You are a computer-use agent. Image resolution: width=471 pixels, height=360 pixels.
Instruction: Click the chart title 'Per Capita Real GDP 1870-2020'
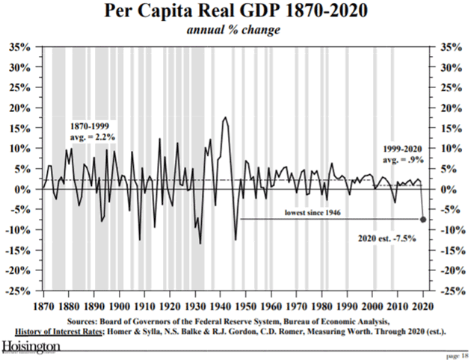(x=236, y=13)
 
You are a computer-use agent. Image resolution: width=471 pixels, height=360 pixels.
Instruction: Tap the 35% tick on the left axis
(x=21, y=46)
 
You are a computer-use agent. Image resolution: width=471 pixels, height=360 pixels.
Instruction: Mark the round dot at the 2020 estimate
(x=423, y=220)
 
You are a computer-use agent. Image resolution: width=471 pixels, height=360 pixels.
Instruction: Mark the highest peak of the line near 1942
(x=225, y=117)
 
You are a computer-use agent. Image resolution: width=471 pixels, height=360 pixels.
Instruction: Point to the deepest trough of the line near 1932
(x=200, y=243)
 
